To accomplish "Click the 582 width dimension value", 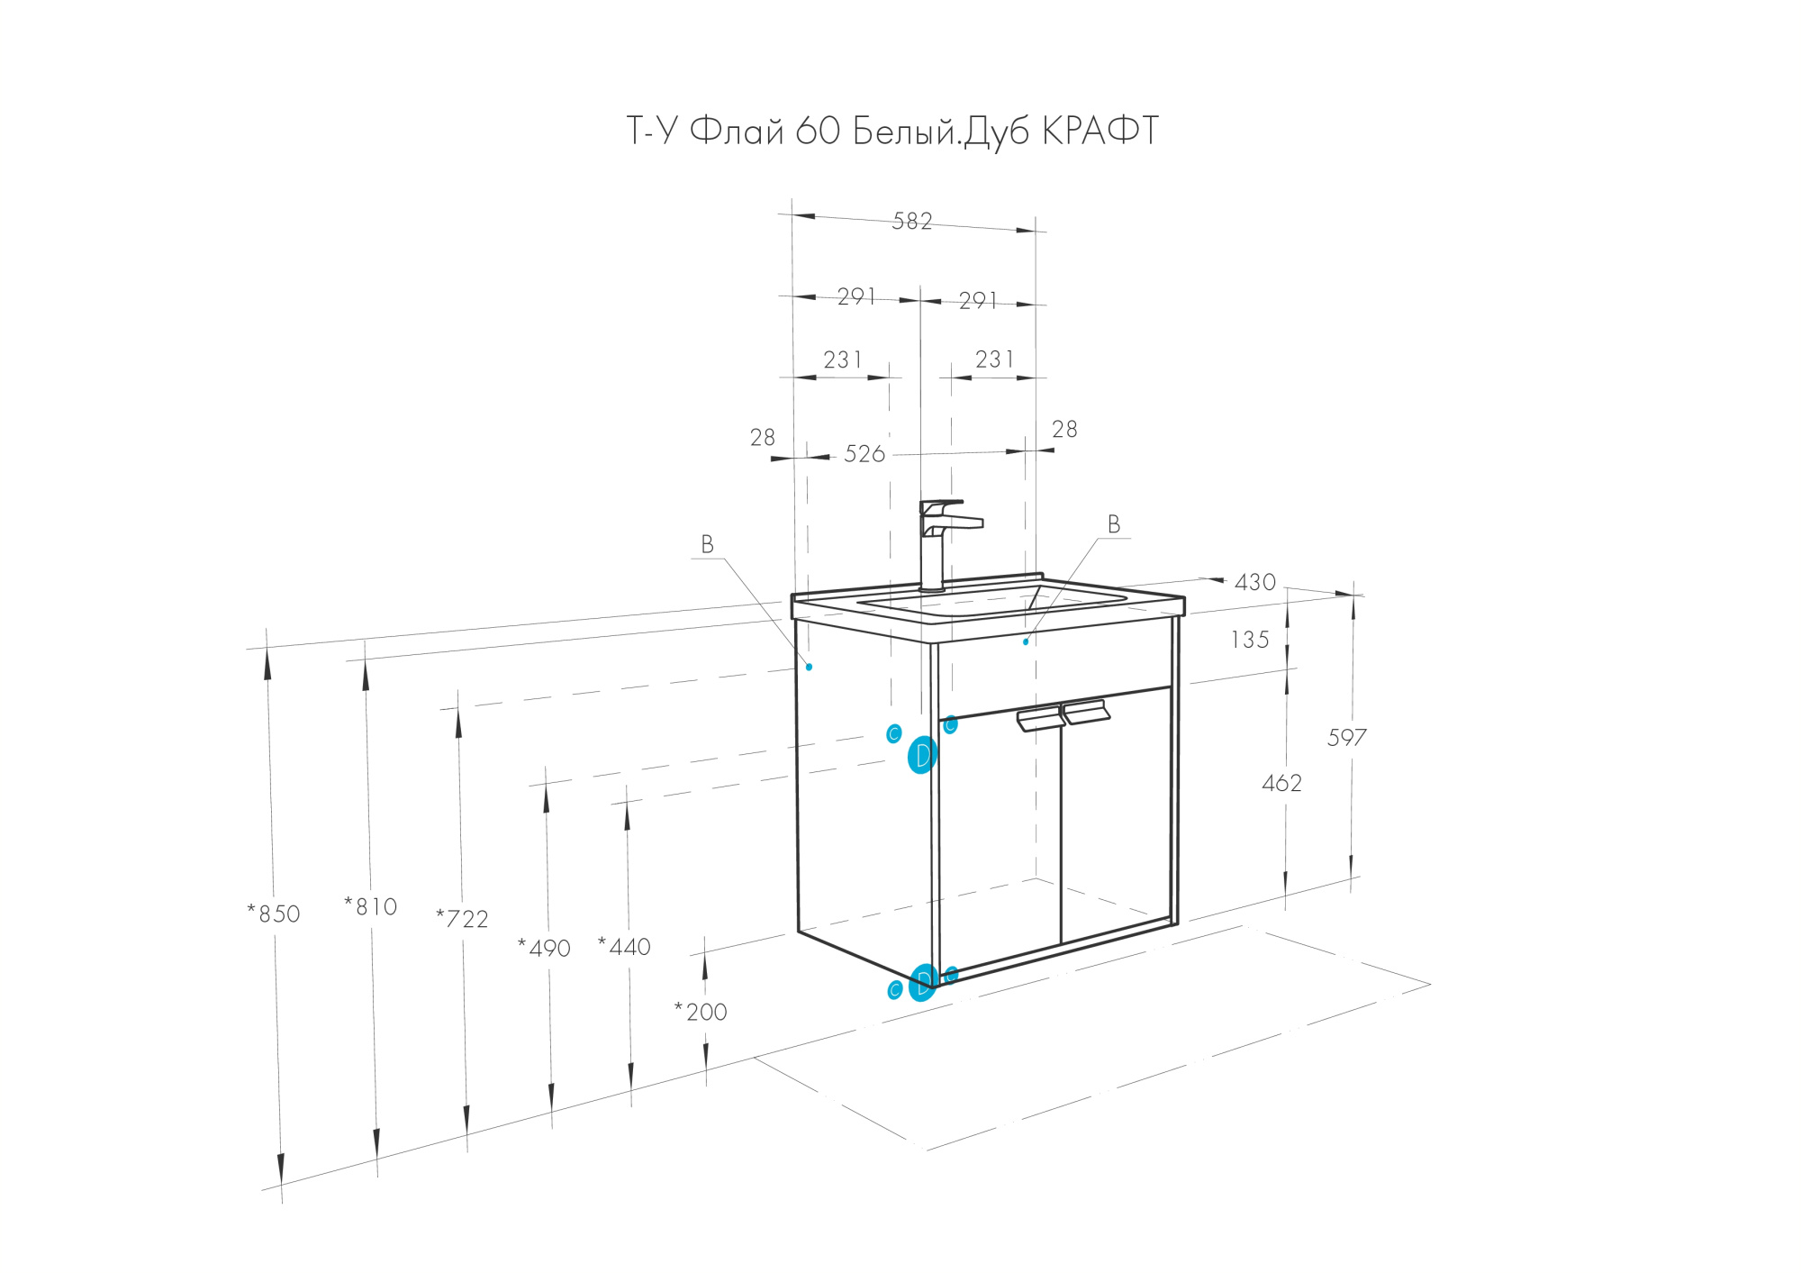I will coord(911,222).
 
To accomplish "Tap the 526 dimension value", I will coord(864,454).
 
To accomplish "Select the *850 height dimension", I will coord(274,914).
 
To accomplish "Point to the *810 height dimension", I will coord(370,906).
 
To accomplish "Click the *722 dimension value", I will coord(462,919).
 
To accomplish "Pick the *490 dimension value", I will coord(544,948).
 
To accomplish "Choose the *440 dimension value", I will coord(624,947).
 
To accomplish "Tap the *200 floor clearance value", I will coord(701,1012).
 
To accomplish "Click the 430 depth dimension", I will coord(1254,583).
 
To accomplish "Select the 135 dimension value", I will coord(1249,641).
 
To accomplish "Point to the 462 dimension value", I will coord(1281,783).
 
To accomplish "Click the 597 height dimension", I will coord(1346,738).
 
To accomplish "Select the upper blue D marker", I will coord(922,755).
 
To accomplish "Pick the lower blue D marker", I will coord(922,983).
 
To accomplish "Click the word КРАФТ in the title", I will coord(1100,132).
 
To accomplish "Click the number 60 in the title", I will coord(818,132).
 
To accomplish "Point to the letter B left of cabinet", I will coord(707,544).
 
